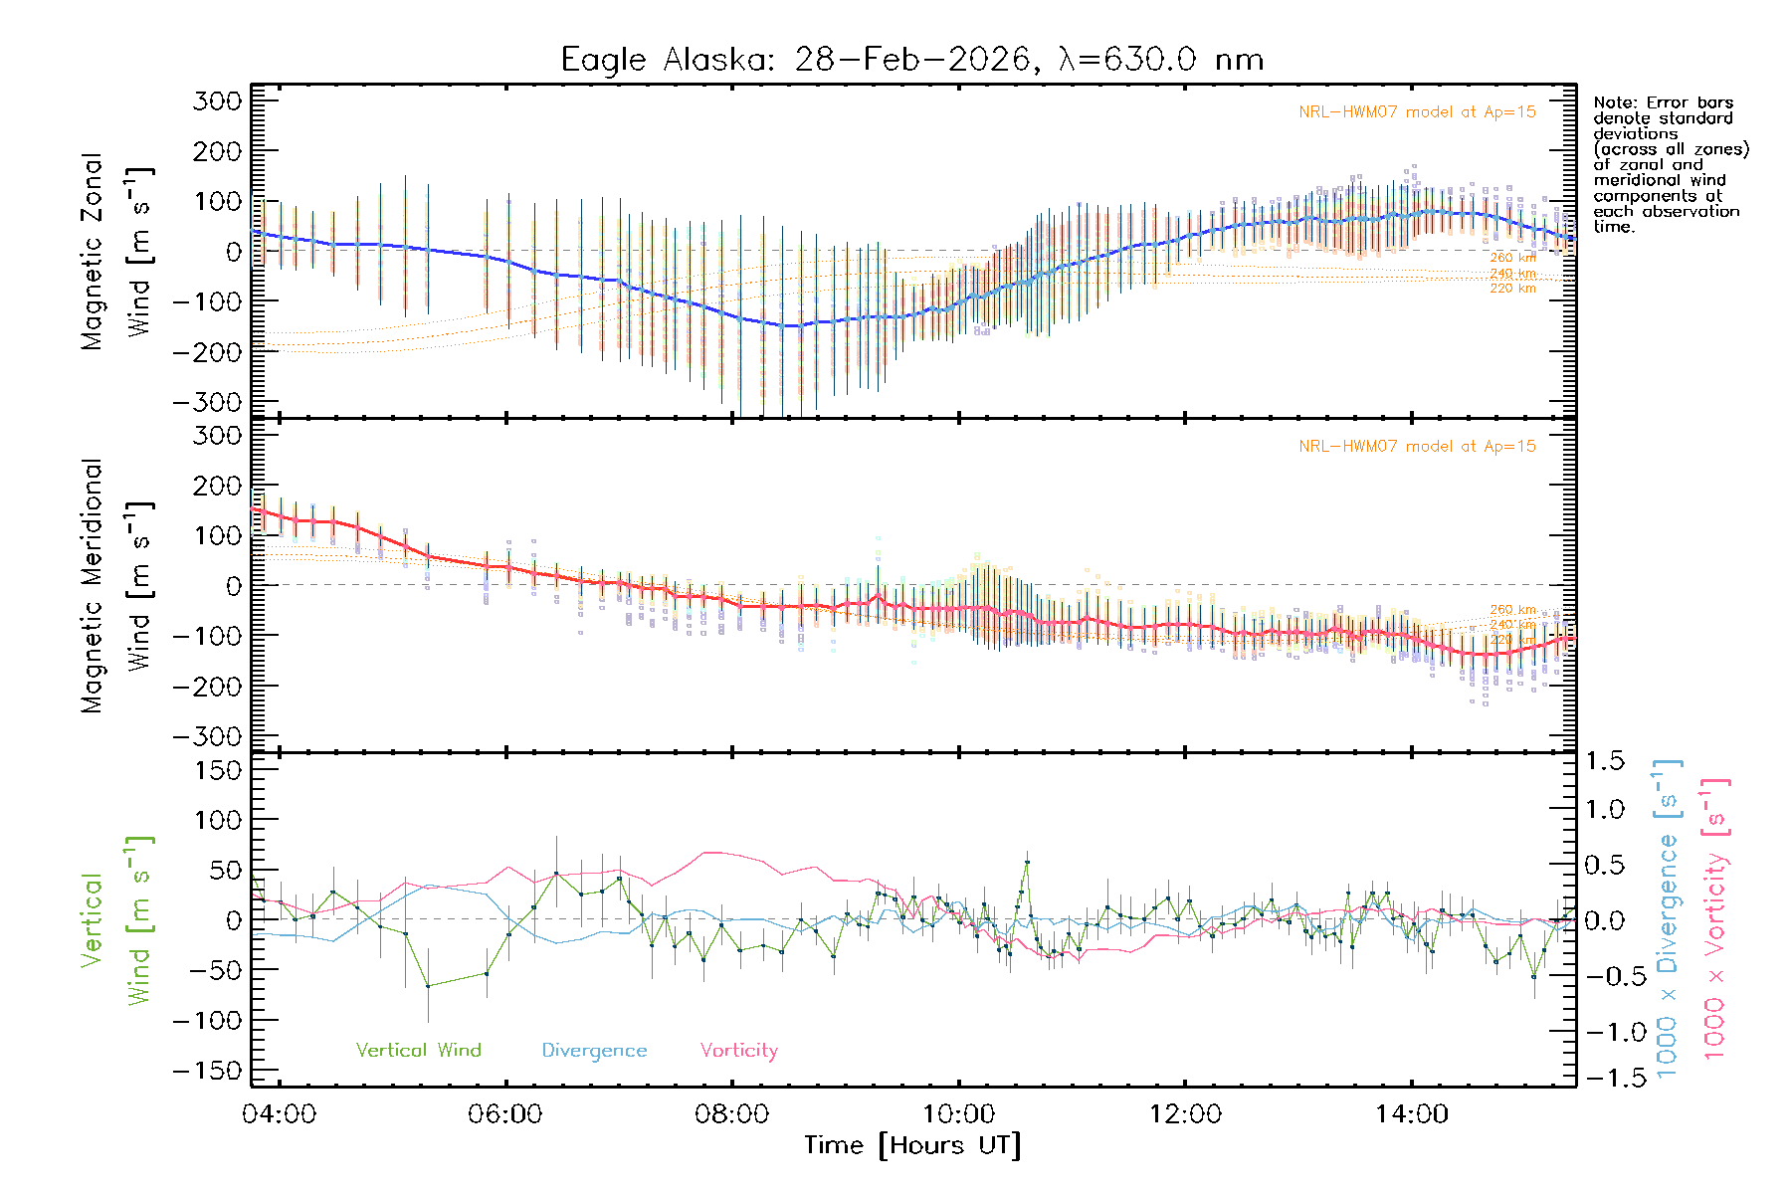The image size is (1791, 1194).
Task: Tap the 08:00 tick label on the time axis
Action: click(x=731, y=1113)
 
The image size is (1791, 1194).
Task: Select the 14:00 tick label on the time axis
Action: click(x=1411, y=1113)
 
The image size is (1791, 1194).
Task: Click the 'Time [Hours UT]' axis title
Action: click(x=912, y=1145)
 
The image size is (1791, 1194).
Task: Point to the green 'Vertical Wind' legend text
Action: click(x=418, y=1050)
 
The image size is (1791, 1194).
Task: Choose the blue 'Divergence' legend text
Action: click(x=594, y=1050)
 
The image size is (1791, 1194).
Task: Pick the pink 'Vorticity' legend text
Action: click(x=738, y=1050)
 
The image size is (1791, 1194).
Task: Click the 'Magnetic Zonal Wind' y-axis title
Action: click(x=117, y=252)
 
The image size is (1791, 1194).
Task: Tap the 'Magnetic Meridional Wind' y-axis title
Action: click(x=117, y=587)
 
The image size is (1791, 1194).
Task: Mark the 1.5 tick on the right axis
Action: click(x=1604, y=761)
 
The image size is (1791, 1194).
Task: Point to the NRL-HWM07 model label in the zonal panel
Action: click(x=1417, y=111)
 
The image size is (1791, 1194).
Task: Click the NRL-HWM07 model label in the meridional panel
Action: click(x=1417, y=446)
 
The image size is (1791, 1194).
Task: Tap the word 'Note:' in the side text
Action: click(x=1612, y=102)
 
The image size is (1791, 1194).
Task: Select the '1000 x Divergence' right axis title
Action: click(x=1667, y=919)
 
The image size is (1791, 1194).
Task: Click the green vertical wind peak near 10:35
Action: click(x=1027, y=863)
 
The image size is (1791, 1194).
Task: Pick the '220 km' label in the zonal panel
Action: click(x=1512, y=289)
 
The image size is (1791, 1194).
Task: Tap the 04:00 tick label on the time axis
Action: click(x=279, y=1113)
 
